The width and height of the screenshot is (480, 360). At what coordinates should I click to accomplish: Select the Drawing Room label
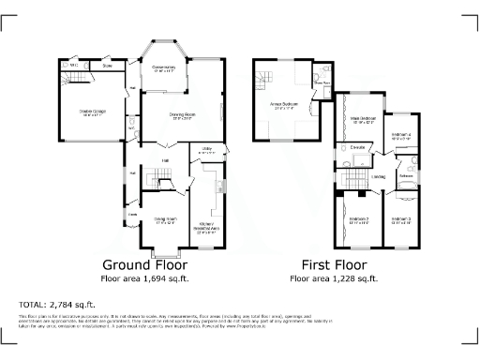(181, 116)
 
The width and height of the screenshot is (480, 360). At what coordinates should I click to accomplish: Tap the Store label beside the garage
(107, 66)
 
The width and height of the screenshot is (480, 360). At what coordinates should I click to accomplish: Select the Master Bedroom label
(362, 119)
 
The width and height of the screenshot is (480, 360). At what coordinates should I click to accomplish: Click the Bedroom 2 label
(357, 221)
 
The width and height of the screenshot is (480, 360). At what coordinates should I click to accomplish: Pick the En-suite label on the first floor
(357, 147)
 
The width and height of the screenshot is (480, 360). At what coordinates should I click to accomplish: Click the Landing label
(379, 176)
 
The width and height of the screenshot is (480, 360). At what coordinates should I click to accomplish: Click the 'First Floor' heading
(335, 265)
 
